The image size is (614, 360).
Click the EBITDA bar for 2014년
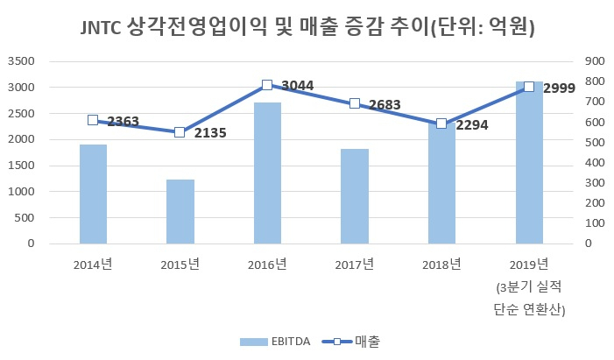[x=93, y=194]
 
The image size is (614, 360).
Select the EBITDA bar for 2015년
[x=180, y=212]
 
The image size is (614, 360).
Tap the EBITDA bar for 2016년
[x=267, y=173]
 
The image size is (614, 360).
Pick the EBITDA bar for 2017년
[x=355, y=196]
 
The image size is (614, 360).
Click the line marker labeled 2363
[x=93, y=120]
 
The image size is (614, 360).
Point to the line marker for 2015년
[x=180, y=132]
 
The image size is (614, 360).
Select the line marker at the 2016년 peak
[x=267, y=85]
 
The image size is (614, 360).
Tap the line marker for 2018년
[x=441, y=124]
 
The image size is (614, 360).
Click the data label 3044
[x=298, y=85]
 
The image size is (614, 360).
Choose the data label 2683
[x=385, y=104]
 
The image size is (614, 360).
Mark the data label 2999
[x=559, y=88]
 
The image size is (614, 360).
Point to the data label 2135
[x=210, y=133]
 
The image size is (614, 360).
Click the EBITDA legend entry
[x=275, y=342]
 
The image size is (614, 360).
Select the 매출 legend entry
[x=351, y=342]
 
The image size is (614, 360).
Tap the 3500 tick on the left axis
[x=21, y=61]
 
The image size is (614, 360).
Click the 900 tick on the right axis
[x=595, y=61]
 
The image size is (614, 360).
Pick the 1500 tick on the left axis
[x=21, y=166]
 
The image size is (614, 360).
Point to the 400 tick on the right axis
[x=595, y=163]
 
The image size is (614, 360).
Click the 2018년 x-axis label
[x=441, y=265]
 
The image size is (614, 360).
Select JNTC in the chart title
[x=101, y=28]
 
